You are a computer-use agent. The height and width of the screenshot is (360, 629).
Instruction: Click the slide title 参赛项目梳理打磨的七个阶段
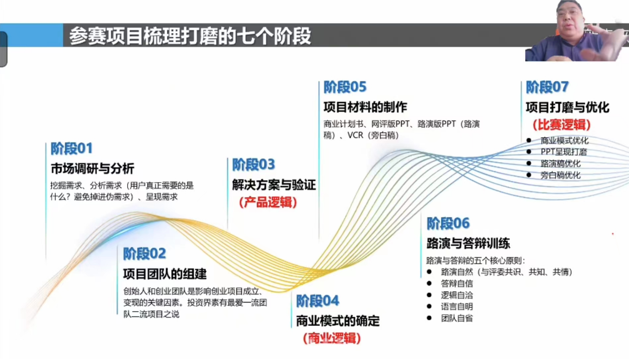[190, 36]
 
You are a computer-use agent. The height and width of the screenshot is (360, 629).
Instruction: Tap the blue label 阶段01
[71, 148]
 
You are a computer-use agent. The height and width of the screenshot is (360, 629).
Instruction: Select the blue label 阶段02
[144, 253]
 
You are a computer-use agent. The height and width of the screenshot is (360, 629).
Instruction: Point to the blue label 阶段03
[253, 164]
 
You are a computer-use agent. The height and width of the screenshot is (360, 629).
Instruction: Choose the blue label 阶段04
[317, 301]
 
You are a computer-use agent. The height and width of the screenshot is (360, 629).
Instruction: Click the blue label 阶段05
[345, 87]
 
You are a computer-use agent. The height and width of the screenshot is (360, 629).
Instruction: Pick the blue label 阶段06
[448, 223]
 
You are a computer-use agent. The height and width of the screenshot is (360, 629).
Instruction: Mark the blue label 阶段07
[547, 87]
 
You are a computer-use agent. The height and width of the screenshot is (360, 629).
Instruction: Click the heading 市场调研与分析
[92, 168]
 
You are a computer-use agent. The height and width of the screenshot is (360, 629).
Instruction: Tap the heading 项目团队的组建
[165, 274]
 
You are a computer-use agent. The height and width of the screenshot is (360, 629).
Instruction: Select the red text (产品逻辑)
[268, 202]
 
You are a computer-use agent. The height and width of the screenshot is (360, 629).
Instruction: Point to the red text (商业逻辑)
[332, 338]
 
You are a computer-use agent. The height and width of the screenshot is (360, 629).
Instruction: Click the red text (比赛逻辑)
[562, 124]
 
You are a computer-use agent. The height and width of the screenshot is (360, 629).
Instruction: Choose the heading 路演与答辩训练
[468, 243]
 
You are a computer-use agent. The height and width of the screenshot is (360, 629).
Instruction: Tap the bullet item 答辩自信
[457, 284]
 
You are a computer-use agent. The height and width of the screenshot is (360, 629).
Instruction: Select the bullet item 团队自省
[457, 318]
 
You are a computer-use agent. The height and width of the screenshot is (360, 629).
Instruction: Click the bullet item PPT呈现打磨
[564, 152]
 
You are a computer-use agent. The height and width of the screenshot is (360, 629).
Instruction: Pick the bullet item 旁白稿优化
[560, 175]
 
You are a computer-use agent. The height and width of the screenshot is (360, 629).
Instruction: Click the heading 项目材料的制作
[365, 107]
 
